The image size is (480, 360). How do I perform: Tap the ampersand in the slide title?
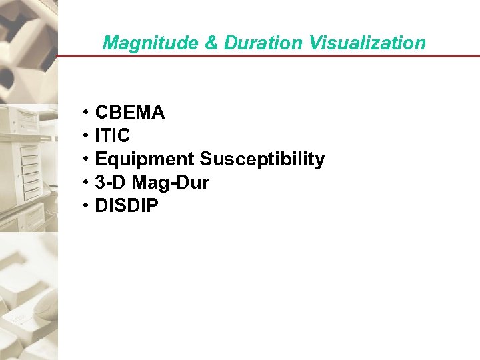click(212, 43)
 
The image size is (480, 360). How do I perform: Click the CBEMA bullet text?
click(130, 113)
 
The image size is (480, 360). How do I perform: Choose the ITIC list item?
click(113, 136)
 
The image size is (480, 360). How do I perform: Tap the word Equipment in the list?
click(145, 160)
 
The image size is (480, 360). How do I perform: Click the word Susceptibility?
click(262, 159)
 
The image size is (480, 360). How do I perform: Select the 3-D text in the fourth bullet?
click(109, 183)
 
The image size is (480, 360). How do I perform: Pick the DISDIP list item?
click(127, 206)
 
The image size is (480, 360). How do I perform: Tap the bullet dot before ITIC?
click(87, 137)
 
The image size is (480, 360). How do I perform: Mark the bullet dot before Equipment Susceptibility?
click(87, 160)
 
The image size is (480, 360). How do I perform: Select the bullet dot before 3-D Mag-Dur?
click(87, 183)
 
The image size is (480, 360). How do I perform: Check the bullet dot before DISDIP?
click(87, 207)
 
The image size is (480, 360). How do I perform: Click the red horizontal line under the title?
click(267, 56)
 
